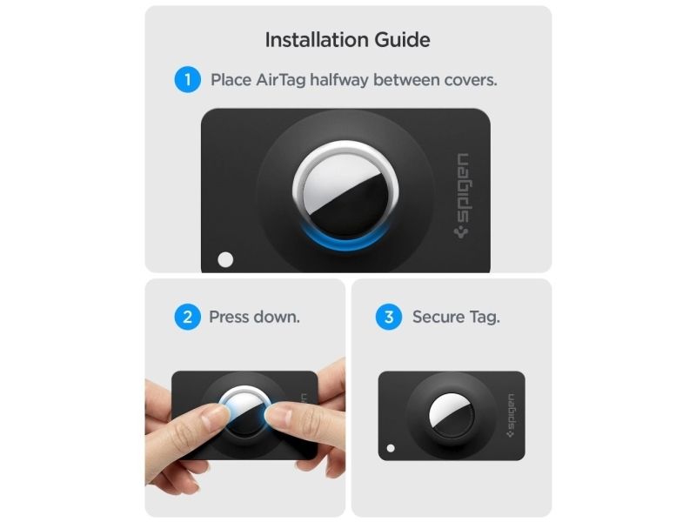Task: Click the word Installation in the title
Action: tap(317, 40)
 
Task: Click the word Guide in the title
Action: tap(403, 40)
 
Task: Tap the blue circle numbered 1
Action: tap(187, 79)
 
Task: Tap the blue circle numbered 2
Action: tap(187, 317)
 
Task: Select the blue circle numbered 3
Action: tap(389, 317)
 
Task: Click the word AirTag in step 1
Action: tap(280, 80)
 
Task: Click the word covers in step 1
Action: tap(471, 80)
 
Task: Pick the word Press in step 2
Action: tap(229, 317)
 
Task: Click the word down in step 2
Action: tap(276, 317)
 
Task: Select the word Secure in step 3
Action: tap(438, 317)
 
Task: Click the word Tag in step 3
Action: tap(485, 318)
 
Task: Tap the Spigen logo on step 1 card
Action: tap(463, 196)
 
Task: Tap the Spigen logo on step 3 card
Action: tap(511, 416)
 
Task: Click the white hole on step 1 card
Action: tap(225, 259)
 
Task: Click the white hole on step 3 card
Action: tap(391, 448)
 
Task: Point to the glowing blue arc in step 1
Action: tap(345, 244)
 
